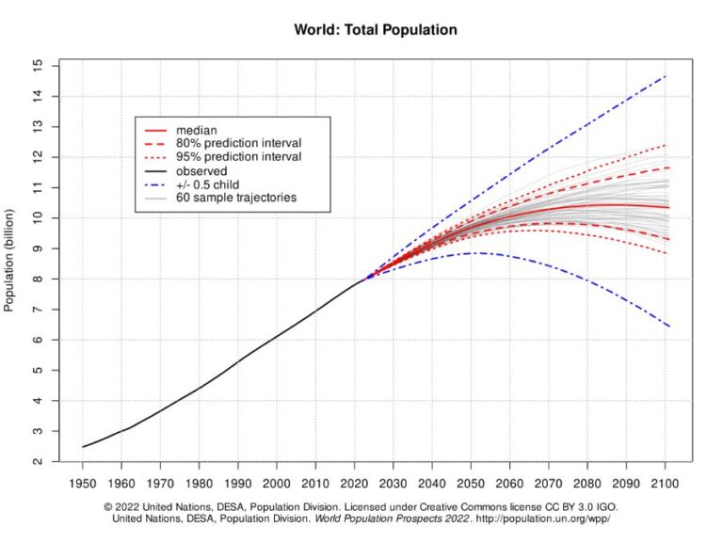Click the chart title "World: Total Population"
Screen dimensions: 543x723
376,30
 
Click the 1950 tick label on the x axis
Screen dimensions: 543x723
82,482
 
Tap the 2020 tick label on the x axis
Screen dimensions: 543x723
355,482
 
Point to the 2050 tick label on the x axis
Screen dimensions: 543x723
472,482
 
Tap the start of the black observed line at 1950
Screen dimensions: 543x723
83,447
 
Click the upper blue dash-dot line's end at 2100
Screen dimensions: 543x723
667,76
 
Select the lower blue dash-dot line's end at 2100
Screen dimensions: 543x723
667,327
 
